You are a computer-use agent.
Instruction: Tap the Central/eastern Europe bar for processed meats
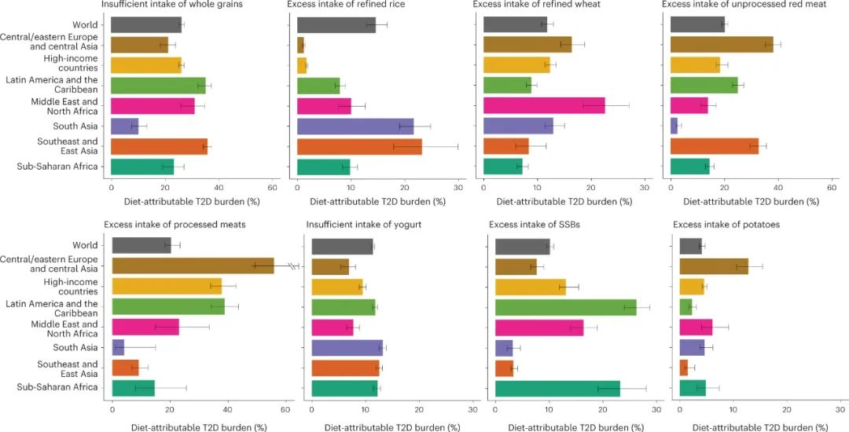click(x=193, y=265)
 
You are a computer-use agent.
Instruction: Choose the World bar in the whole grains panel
click(x=146, y=24)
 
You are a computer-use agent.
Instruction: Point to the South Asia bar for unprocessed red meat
click(x=674, y=126)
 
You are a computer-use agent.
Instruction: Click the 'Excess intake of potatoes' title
click(x=726, y=225)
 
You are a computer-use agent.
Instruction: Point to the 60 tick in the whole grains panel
click(x=272, y=187)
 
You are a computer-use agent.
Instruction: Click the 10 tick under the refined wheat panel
click(x=537, y=187)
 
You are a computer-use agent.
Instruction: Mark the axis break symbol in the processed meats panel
click(x=292, y=265)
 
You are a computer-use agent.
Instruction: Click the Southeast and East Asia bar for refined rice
click(x=359, y=146)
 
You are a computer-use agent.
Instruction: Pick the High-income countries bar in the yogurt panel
click(x=337, y=286)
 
